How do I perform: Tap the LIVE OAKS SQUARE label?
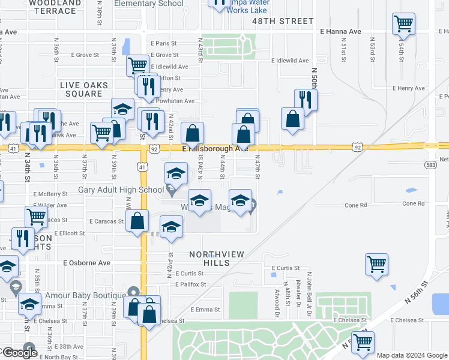(81, 89)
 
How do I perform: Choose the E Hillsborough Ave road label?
(215, 148)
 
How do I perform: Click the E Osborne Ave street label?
(87, 263)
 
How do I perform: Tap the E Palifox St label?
(190, 284)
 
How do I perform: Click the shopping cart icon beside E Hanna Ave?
(403, 24)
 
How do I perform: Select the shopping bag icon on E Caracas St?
(137, 220)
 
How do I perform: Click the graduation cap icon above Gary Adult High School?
(175, 174)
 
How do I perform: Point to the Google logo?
(20, 353)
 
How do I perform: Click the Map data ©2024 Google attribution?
(411, 355)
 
